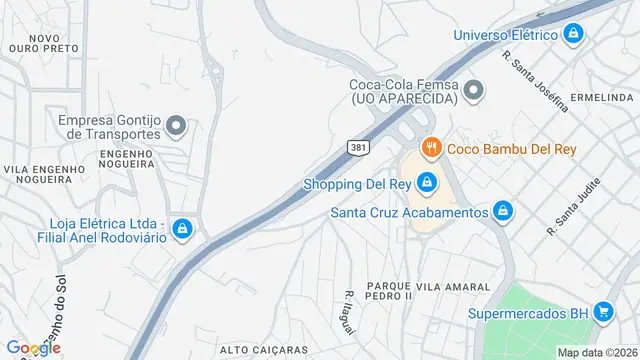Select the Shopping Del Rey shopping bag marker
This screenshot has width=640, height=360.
tap(426, 182)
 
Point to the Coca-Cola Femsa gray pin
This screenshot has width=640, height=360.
tap(474, 92)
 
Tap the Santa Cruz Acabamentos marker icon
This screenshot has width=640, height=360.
tap(502, 211)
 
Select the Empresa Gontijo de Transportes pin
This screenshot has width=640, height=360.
tap(176, 126)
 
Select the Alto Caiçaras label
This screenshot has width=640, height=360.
tap(263, 349)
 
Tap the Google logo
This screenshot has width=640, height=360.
tap(33, 348)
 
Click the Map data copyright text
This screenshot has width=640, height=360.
tap(597, 352)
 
